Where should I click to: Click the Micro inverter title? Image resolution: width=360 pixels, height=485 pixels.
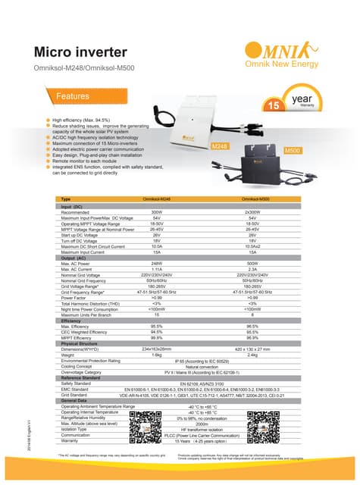click(83, 52)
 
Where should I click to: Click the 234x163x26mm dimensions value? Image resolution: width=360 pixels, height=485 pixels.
click(158, 348)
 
